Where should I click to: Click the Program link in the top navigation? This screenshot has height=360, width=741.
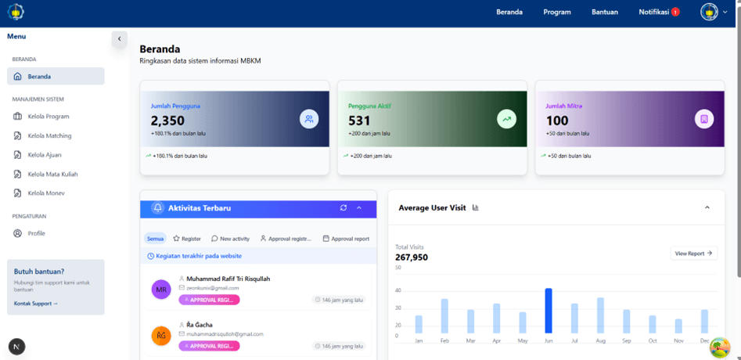[x=557, y=12]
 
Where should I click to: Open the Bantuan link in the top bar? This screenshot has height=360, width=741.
[x=604, y=12]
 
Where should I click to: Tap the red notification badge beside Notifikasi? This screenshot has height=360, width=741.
[x=675, y=12]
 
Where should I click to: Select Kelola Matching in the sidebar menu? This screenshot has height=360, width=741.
[x=49, y=135]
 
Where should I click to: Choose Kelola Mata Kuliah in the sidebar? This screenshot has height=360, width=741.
[x=52, y=174]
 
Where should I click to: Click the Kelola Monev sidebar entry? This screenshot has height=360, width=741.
[x=46, y=193]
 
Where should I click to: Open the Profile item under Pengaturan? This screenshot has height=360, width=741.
[x=36, y=233]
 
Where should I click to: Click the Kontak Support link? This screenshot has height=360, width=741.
[x=35, y=303]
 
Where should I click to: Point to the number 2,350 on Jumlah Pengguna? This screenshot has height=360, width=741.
[x=167, y=121]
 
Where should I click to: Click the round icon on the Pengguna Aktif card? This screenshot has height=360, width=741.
[x=506, y=119]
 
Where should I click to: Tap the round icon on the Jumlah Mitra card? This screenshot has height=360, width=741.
[x=704, y=119]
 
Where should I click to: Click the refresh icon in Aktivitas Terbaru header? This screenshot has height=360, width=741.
[x=343, y=208]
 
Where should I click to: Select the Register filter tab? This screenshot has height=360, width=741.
[x=187, y=239]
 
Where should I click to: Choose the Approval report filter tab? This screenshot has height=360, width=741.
[x=346, y=239]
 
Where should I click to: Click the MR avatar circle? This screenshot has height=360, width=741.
[x=161, y=290]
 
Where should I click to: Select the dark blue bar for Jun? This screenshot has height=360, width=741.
[x=549, y=311]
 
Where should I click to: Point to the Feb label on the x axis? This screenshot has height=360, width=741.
[x=444, y=341]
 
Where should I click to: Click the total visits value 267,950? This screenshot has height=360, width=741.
[x=412, y=257]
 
